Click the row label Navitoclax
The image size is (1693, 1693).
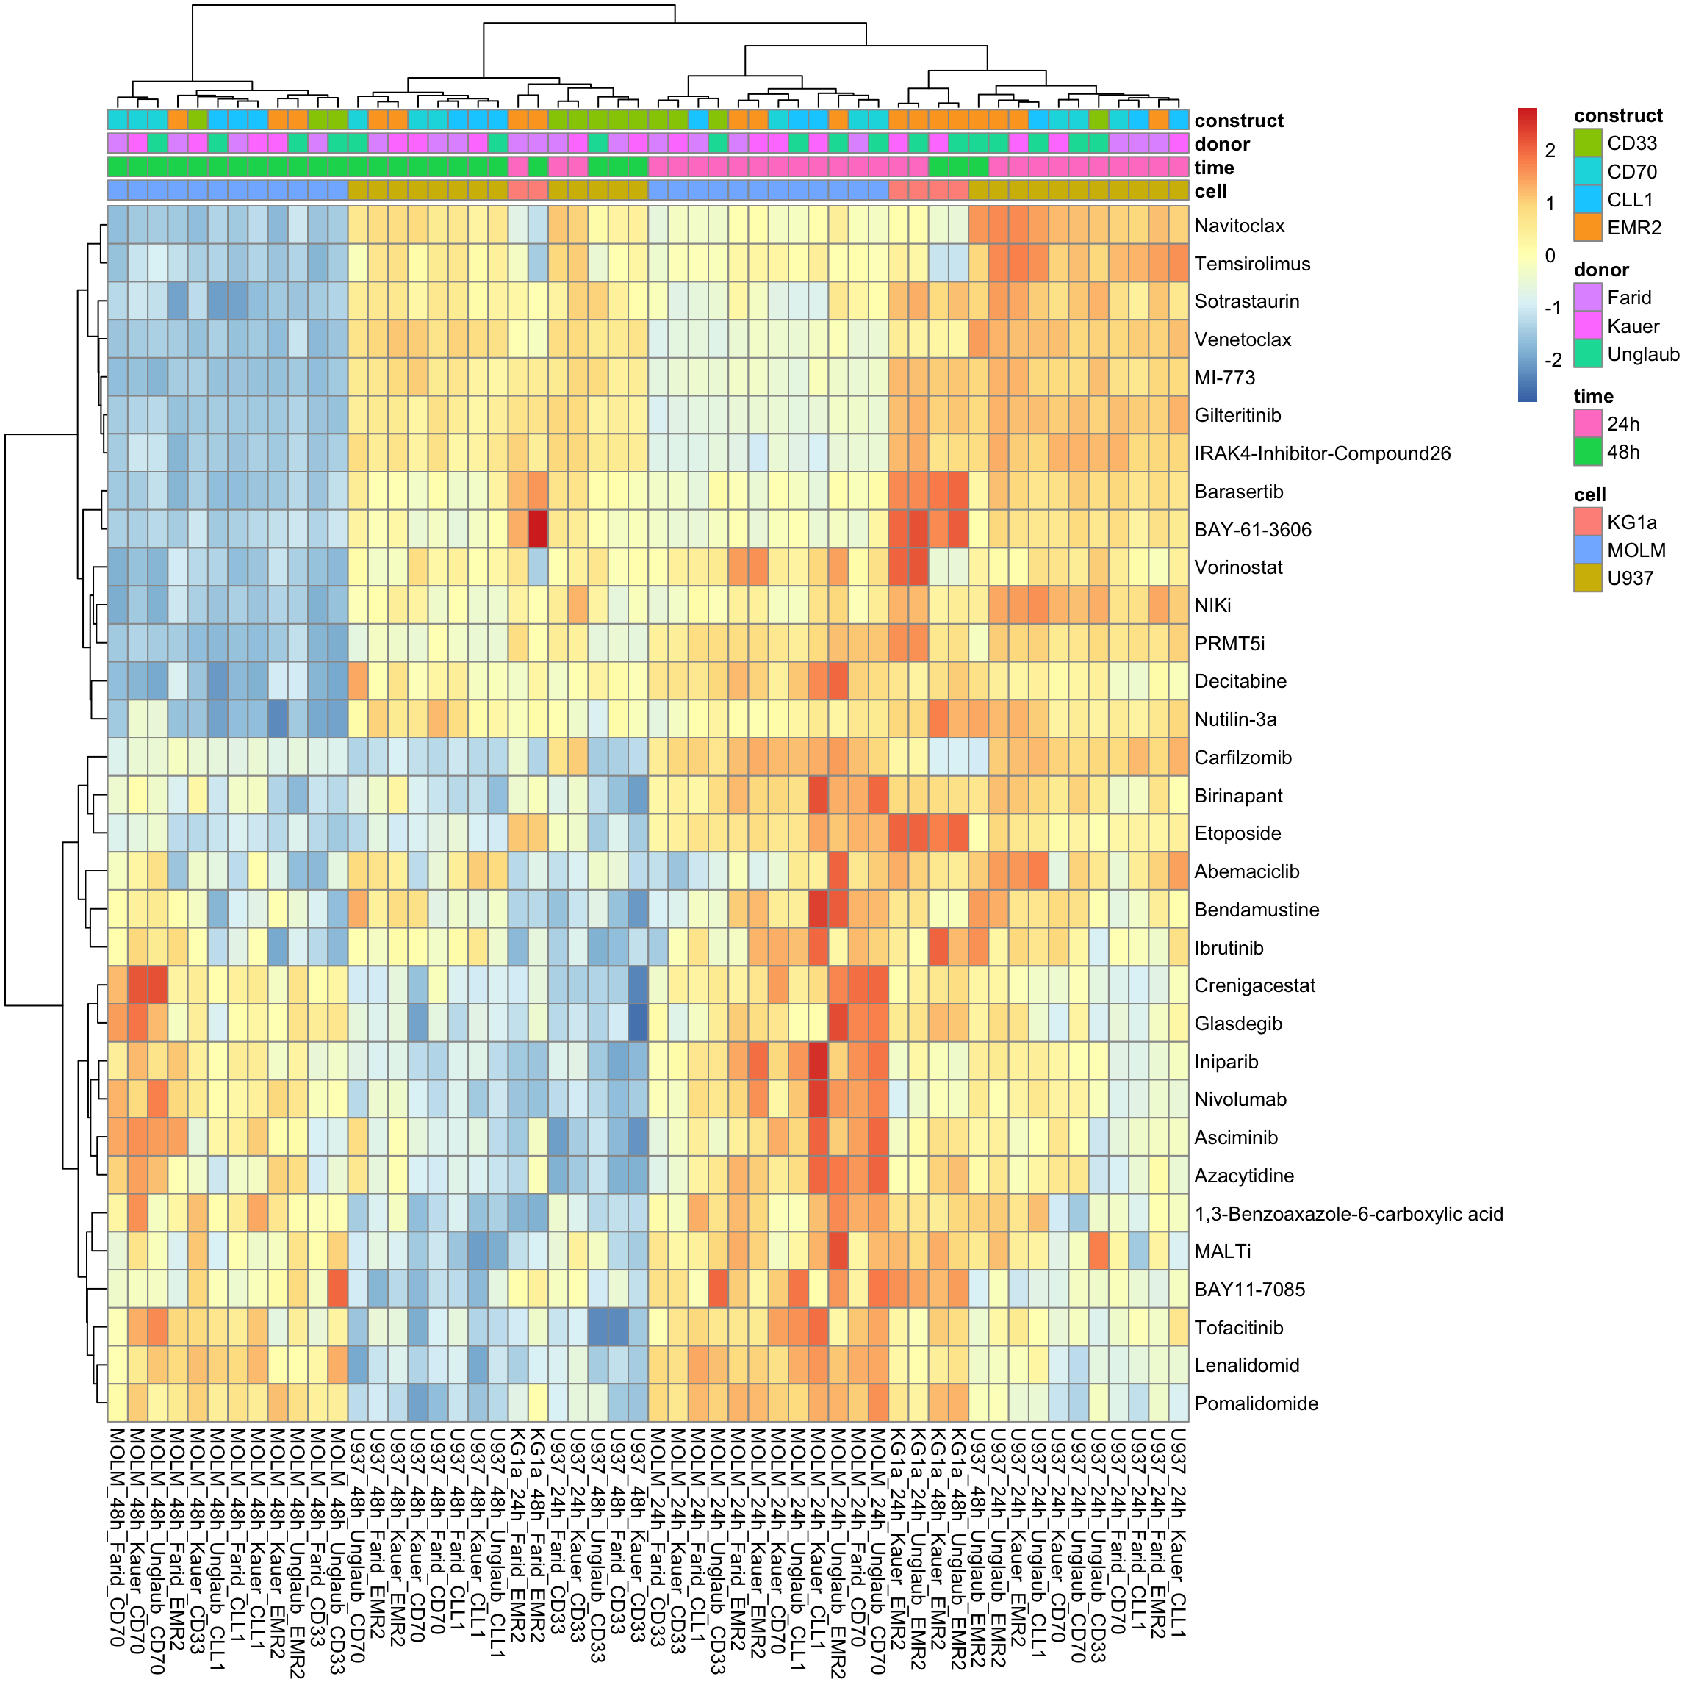pyautogui.click(x=1239, y=226)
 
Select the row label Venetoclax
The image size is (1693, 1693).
pyautogui.click(x=1243, y=340)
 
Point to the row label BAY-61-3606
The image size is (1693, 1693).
pyautogui.click(x=1252, y=530)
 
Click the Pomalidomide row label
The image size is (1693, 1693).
pyautogui.click(x=1256, y=1403)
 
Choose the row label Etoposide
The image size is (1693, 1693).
pyautogui.click(x=1237, y=833)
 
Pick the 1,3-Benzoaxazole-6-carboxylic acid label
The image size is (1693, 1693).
pyautogui.click(x=1348, y=1215)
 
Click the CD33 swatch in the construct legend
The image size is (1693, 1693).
pyautogui.click(x=1588, y=143)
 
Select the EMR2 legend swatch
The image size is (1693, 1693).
pyautogui.click(x=1588, y=228)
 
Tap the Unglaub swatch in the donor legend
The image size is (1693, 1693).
pyautogui.click(x=1588, y=354)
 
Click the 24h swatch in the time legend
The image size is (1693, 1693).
pyautogui.click(x=1588, y=424)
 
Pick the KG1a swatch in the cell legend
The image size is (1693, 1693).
pyautogui.click(x=1588, y=522)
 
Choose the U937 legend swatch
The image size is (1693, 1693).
pyautogui.click(x=1588, y=578)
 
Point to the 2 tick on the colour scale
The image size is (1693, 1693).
pyautogui.click(x=1550, y=151)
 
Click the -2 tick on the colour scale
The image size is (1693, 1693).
pyautogui.click(x=1553, y=360)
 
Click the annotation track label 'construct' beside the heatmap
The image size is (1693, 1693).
pyautogui.click(x=1238, y=121)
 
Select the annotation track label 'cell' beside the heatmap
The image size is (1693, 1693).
pyautogui.click(x=1210, y=191)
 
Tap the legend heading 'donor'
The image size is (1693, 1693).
pyautogui.click(x=1601, y=270)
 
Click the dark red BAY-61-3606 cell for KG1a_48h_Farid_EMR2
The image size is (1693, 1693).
pyautogui.click(x=538, y=529)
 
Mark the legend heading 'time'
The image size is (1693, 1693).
pyautogui.click(x=1593, y=396)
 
